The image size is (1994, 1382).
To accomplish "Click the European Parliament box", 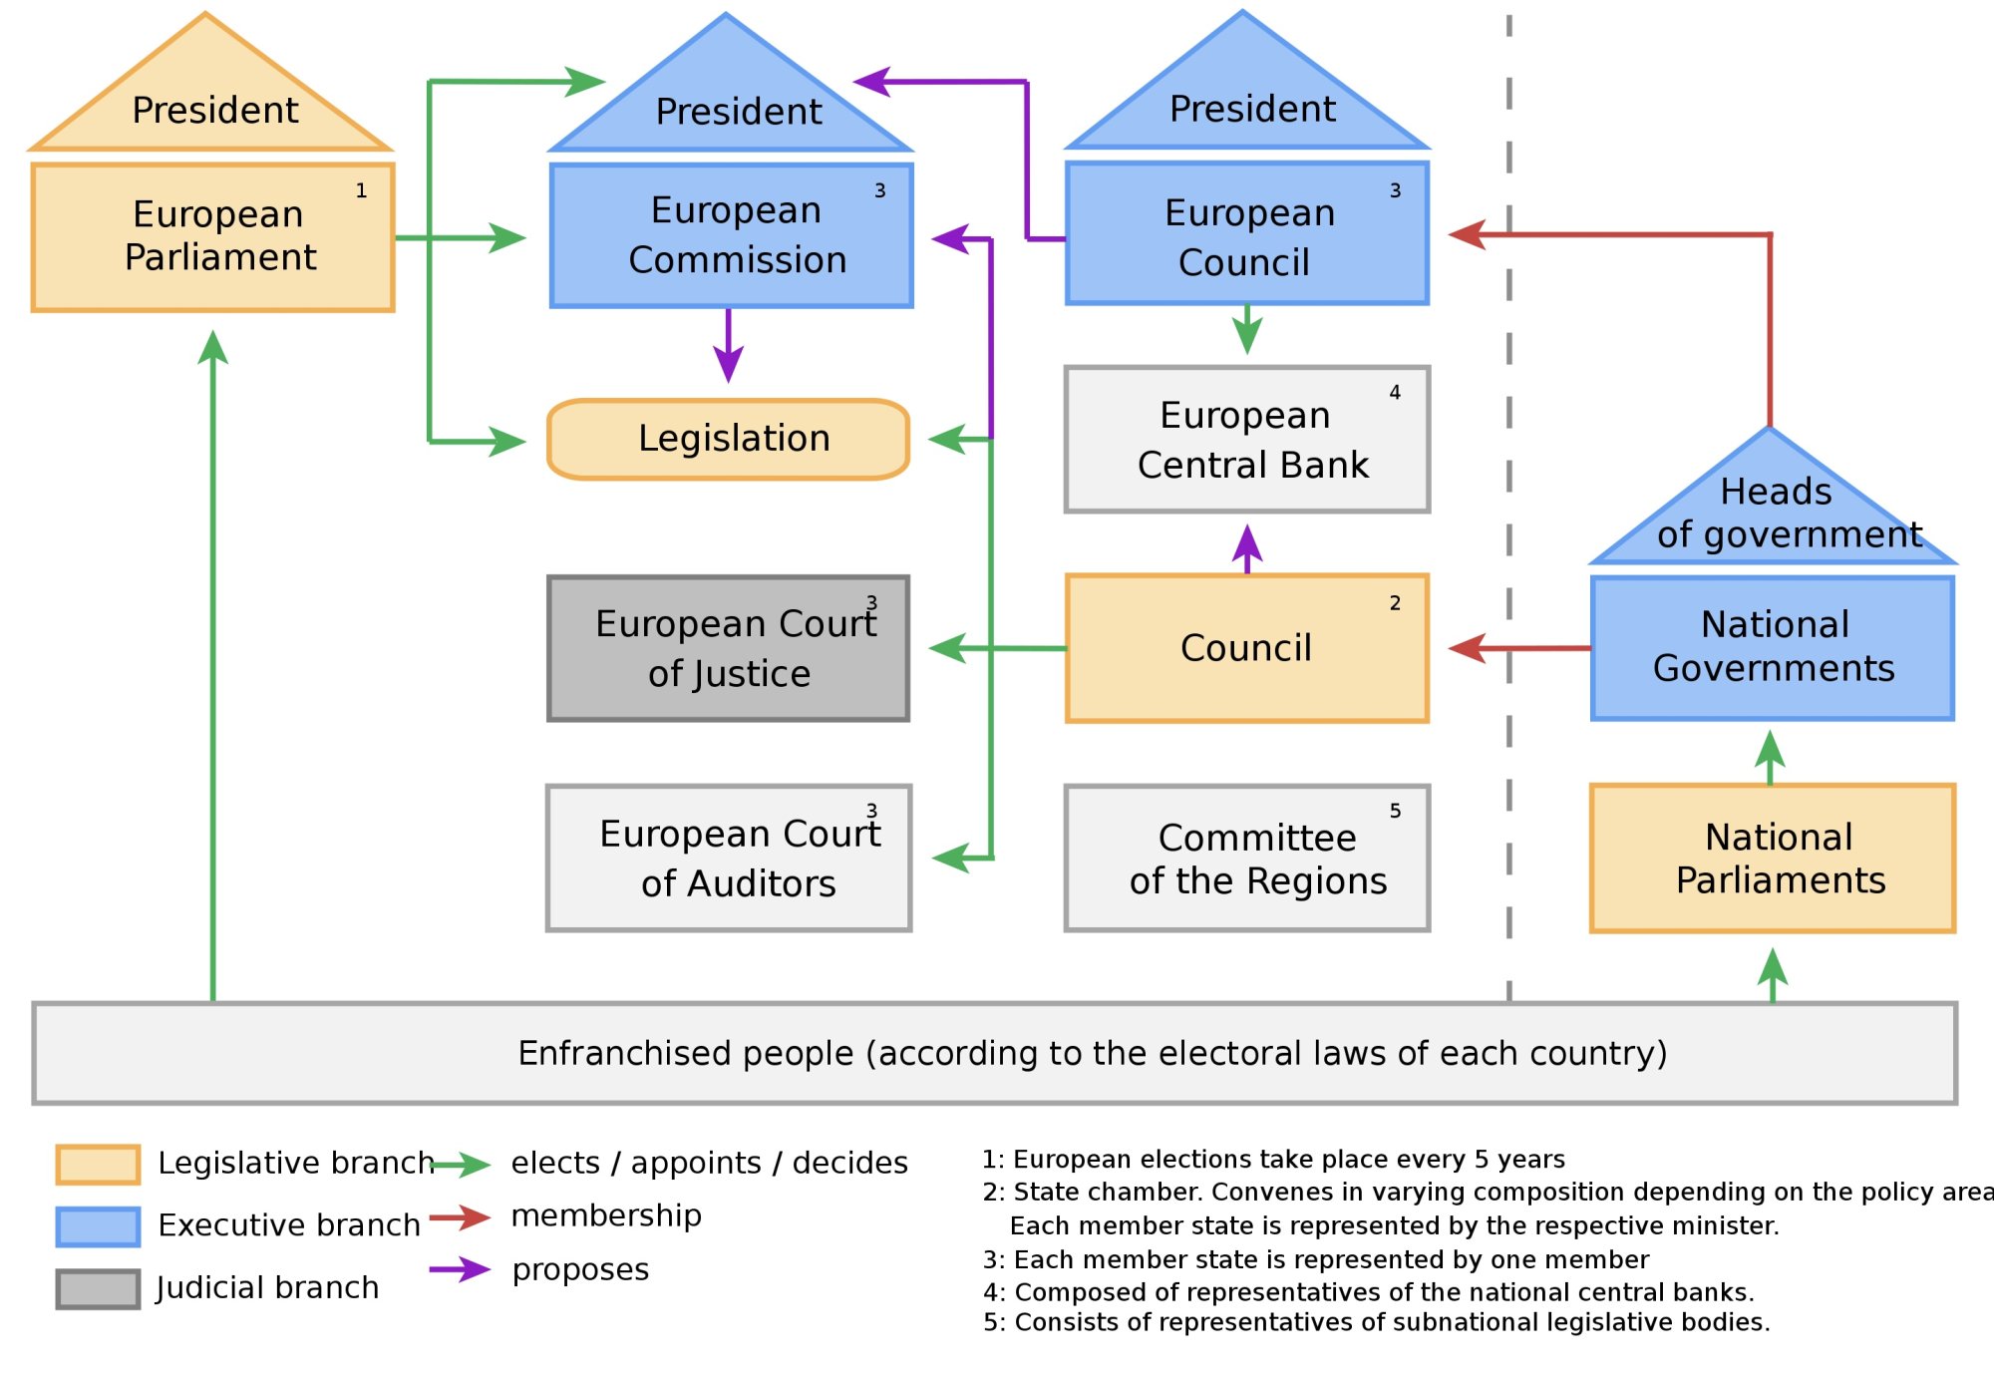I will [x=212, y=237].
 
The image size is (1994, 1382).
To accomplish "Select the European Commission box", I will [x=731, y=235].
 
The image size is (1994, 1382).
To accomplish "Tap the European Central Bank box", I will [x=1246, y=440].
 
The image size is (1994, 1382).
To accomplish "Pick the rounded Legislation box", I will [x=729, y=439].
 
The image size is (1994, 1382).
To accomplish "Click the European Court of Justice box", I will [x=728, y=648].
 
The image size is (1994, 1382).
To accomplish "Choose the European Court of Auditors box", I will [x=729, y=858].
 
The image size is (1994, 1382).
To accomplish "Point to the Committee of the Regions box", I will [x=1246, y=858].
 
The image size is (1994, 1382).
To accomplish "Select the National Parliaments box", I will [x=1772, y=858].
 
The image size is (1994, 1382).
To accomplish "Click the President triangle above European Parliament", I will [x=210, y=100].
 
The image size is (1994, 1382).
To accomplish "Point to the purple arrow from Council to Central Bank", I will [x=1247, y=547].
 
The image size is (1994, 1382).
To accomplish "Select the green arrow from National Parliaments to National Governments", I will [x=1770, y=758].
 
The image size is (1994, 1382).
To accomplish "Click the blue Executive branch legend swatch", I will [x=98, y=1226].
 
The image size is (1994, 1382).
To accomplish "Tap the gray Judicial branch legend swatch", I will [x=98, y=1288].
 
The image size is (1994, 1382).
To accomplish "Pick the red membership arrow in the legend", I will [x=460, y=1217].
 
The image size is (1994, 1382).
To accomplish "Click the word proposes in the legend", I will [x=580, y=1270].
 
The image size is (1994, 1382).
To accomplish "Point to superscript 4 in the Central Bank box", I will [x=1395, y=393].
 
